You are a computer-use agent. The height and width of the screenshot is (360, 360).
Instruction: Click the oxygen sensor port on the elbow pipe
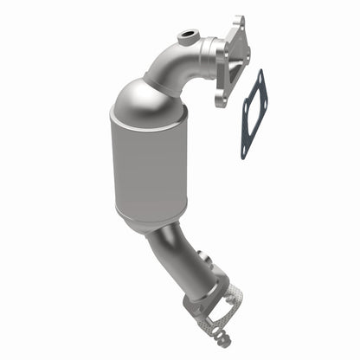coord(185,37)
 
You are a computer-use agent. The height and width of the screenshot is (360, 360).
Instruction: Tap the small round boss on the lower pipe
coord(202,256)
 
